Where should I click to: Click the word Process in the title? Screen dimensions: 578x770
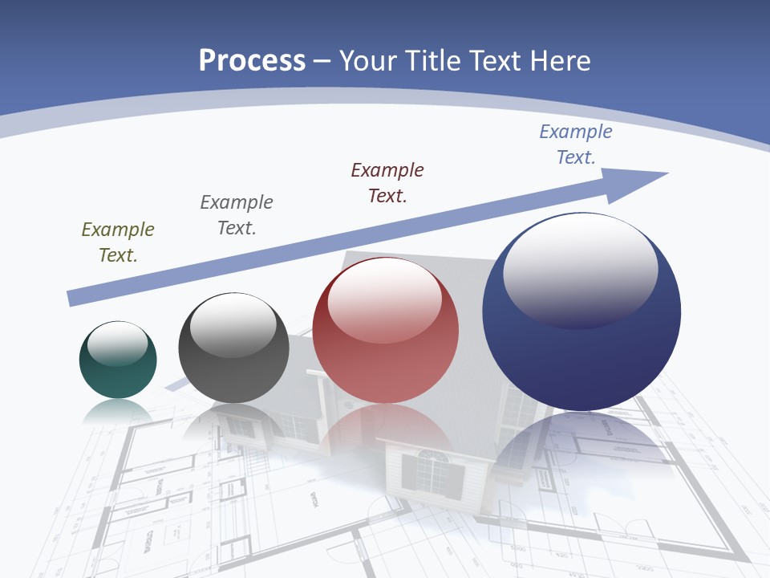[x=252, y=61]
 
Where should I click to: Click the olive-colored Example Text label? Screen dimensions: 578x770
[x=118, y=242]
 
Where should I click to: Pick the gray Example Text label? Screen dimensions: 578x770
[x=237, y=214]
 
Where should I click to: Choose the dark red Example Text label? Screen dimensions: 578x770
[x=387, y=182]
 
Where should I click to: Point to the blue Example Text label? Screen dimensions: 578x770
[x=576, y=144]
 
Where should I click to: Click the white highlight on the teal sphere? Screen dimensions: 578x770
[x=118, y=344]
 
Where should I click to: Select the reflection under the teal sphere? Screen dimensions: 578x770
[x=118, y=412]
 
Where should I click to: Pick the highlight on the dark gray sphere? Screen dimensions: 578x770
[x=233, y=325]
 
